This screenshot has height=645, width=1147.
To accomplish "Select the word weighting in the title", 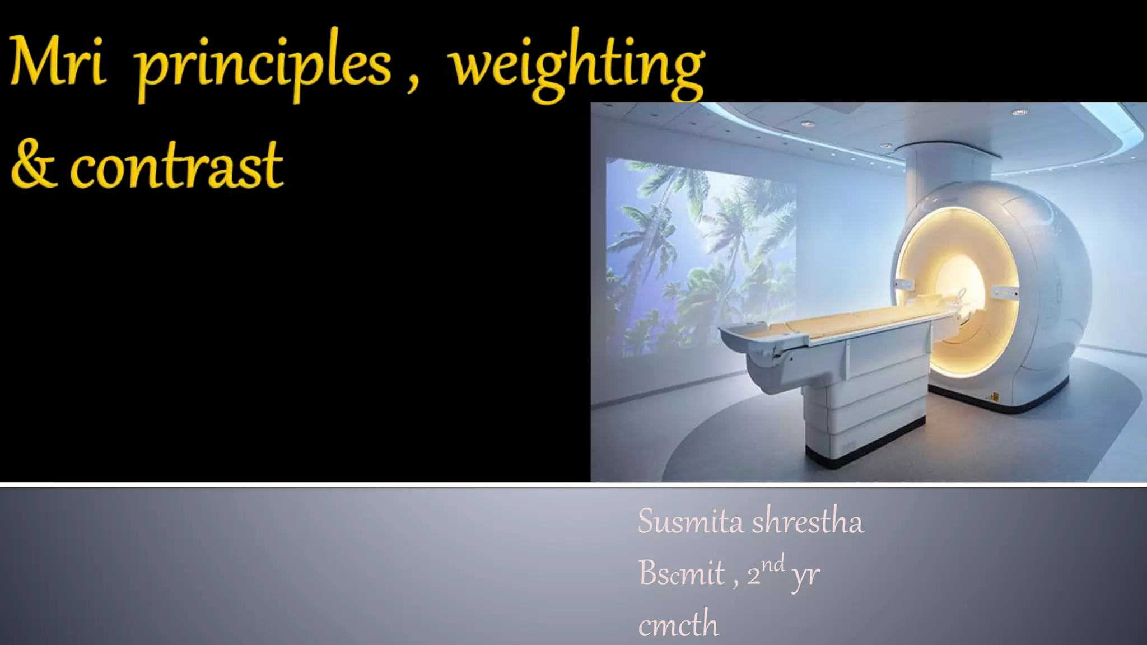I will pos(577,66).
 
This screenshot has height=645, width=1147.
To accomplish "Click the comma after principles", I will pos(413,84).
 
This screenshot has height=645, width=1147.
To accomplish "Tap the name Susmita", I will pos(691,522).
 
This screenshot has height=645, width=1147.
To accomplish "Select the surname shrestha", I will pos(807,522).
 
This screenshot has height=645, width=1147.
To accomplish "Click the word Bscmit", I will pos(682,573).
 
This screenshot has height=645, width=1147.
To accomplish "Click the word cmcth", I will pos(678,624).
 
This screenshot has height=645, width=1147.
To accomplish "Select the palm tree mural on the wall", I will pos(700,252).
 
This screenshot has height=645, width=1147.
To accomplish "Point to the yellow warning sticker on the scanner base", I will pos(995,397).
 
